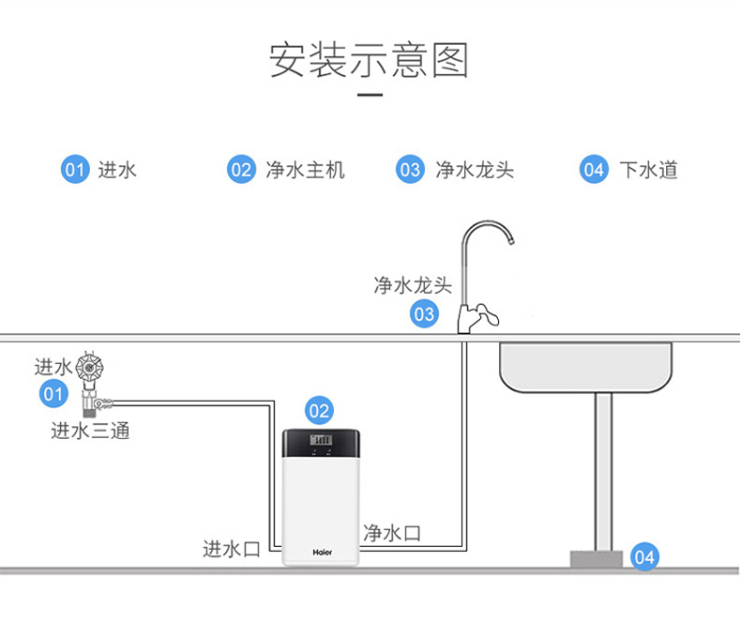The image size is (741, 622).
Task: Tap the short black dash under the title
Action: [371, 95]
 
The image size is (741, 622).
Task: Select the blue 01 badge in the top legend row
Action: [75, 170]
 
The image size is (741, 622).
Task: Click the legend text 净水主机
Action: [305, 170]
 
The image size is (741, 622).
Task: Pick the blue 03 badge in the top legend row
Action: [410, 170]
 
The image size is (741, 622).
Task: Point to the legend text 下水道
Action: [648, 170]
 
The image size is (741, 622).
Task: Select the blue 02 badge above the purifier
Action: [320, 410]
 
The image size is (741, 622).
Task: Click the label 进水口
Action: [232, 549]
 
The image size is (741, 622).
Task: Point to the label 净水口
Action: [392, 533]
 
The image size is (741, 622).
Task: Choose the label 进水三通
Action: [90, 431]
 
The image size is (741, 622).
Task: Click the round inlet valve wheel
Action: [89, 366]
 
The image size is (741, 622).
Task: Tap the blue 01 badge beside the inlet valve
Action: [53, 393]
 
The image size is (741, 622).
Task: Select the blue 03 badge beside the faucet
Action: [424, 313]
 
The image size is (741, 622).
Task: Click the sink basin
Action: [585, 367]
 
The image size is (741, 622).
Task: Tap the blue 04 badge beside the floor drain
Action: [643, 557]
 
